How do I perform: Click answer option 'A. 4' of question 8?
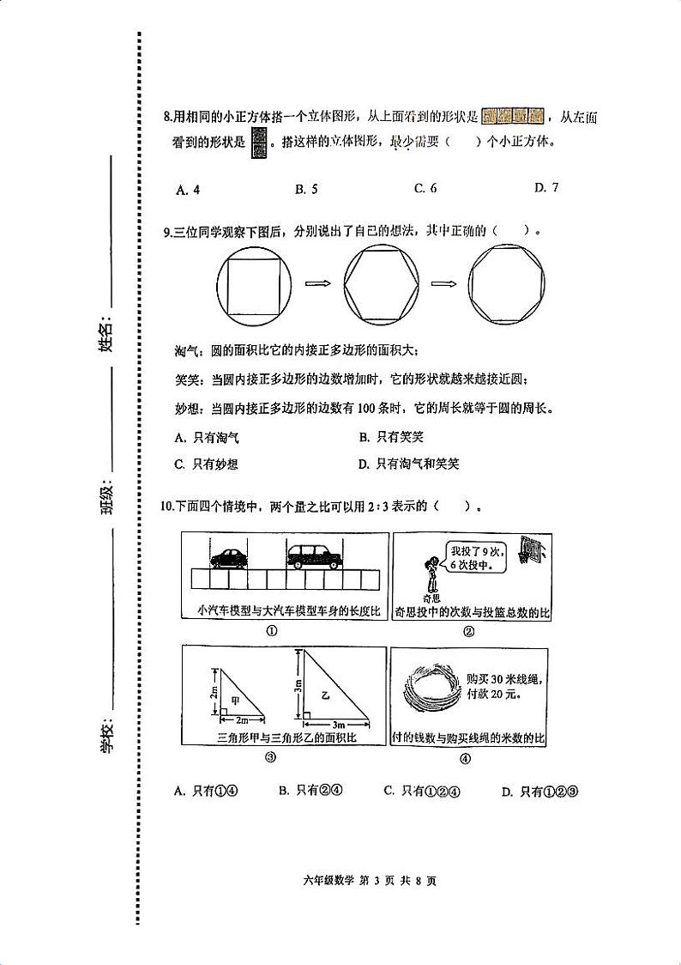(188, 190)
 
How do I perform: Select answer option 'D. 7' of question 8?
(545, 187)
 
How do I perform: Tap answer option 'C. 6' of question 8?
(425, 189)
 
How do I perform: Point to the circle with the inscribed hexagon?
(382, 283)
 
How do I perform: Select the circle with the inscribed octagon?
(507, 283)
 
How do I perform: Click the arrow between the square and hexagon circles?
(318, 282)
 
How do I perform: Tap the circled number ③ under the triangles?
(270, 758)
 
